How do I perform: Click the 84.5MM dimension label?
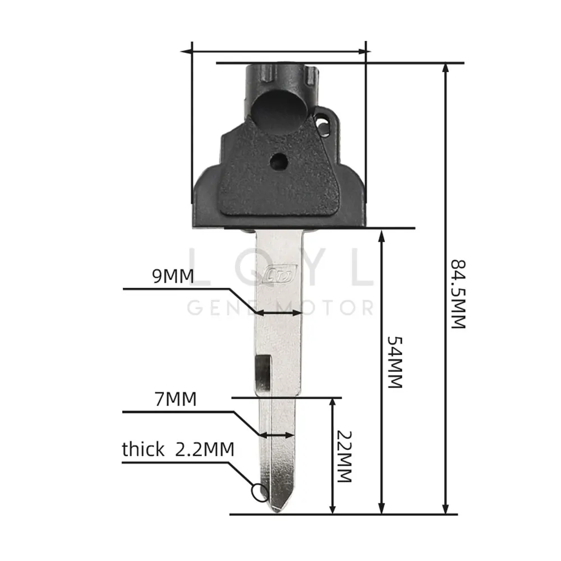(x=458, y=294)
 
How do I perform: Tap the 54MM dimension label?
(x=395, y=362)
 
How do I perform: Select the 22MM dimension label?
(x=344, y=457)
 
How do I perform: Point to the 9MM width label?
(x=173, y=276)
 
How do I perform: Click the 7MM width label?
(x=176, y=399)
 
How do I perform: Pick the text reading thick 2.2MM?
(x=178, y=449)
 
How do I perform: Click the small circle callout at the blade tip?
(x=260, y=493)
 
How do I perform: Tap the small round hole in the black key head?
(x=279, y=162)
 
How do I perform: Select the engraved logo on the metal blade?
(x=280, y=275)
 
